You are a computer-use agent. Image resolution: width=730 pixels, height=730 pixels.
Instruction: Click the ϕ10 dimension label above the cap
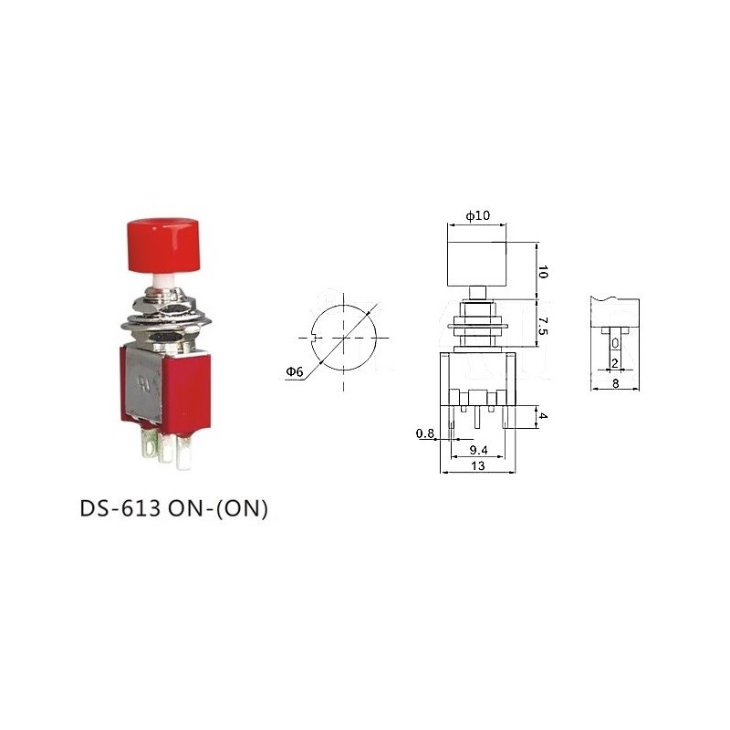tap(477, 215)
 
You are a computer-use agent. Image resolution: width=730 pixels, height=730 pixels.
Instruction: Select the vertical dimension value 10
tap(542, 271)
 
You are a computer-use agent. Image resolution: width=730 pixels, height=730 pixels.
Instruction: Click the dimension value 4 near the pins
tap(544, 417)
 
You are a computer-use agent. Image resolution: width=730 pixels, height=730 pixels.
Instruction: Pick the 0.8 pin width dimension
tap(424, 433)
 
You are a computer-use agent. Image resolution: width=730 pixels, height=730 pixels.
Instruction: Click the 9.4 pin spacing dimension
tap(477, 450)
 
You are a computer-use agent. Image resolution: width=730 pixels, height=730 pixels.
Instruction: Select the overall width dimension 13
tap(477, 465)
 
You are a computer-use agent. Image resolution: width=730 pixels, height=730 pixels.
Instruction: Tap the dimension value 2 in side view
tap(615, 363)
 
